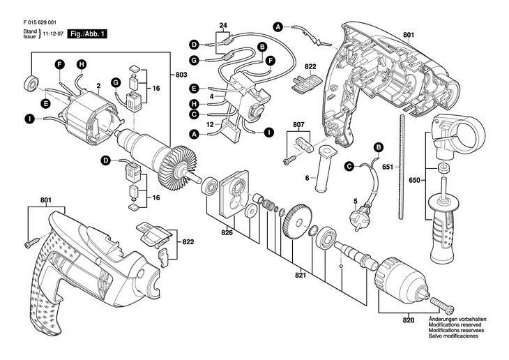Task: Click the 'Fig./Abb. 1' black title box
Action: [x=86, y=34]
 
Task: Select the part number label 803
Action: [x=181, y=75]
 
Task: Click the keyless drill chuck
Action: [x=403, y=280]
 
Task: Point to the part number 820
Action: [x=409, y=320]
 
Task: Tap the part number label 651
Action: [x=387, y=167]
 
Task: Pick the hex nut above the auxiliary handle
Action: [x=443, y=168]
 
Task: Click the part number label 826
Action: [x=227, y=232]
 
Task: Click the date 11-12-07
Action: [x=53, y=33]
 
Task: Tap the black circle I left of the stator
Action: [x=30, y=119]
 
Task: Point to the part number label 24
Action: [x=223, y=25]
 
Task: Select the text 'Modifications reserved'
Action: [x=455, y=325]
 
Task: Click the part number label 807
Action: [x=298, y=124]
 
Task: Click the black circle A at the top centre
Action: [x=278, y=28]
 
